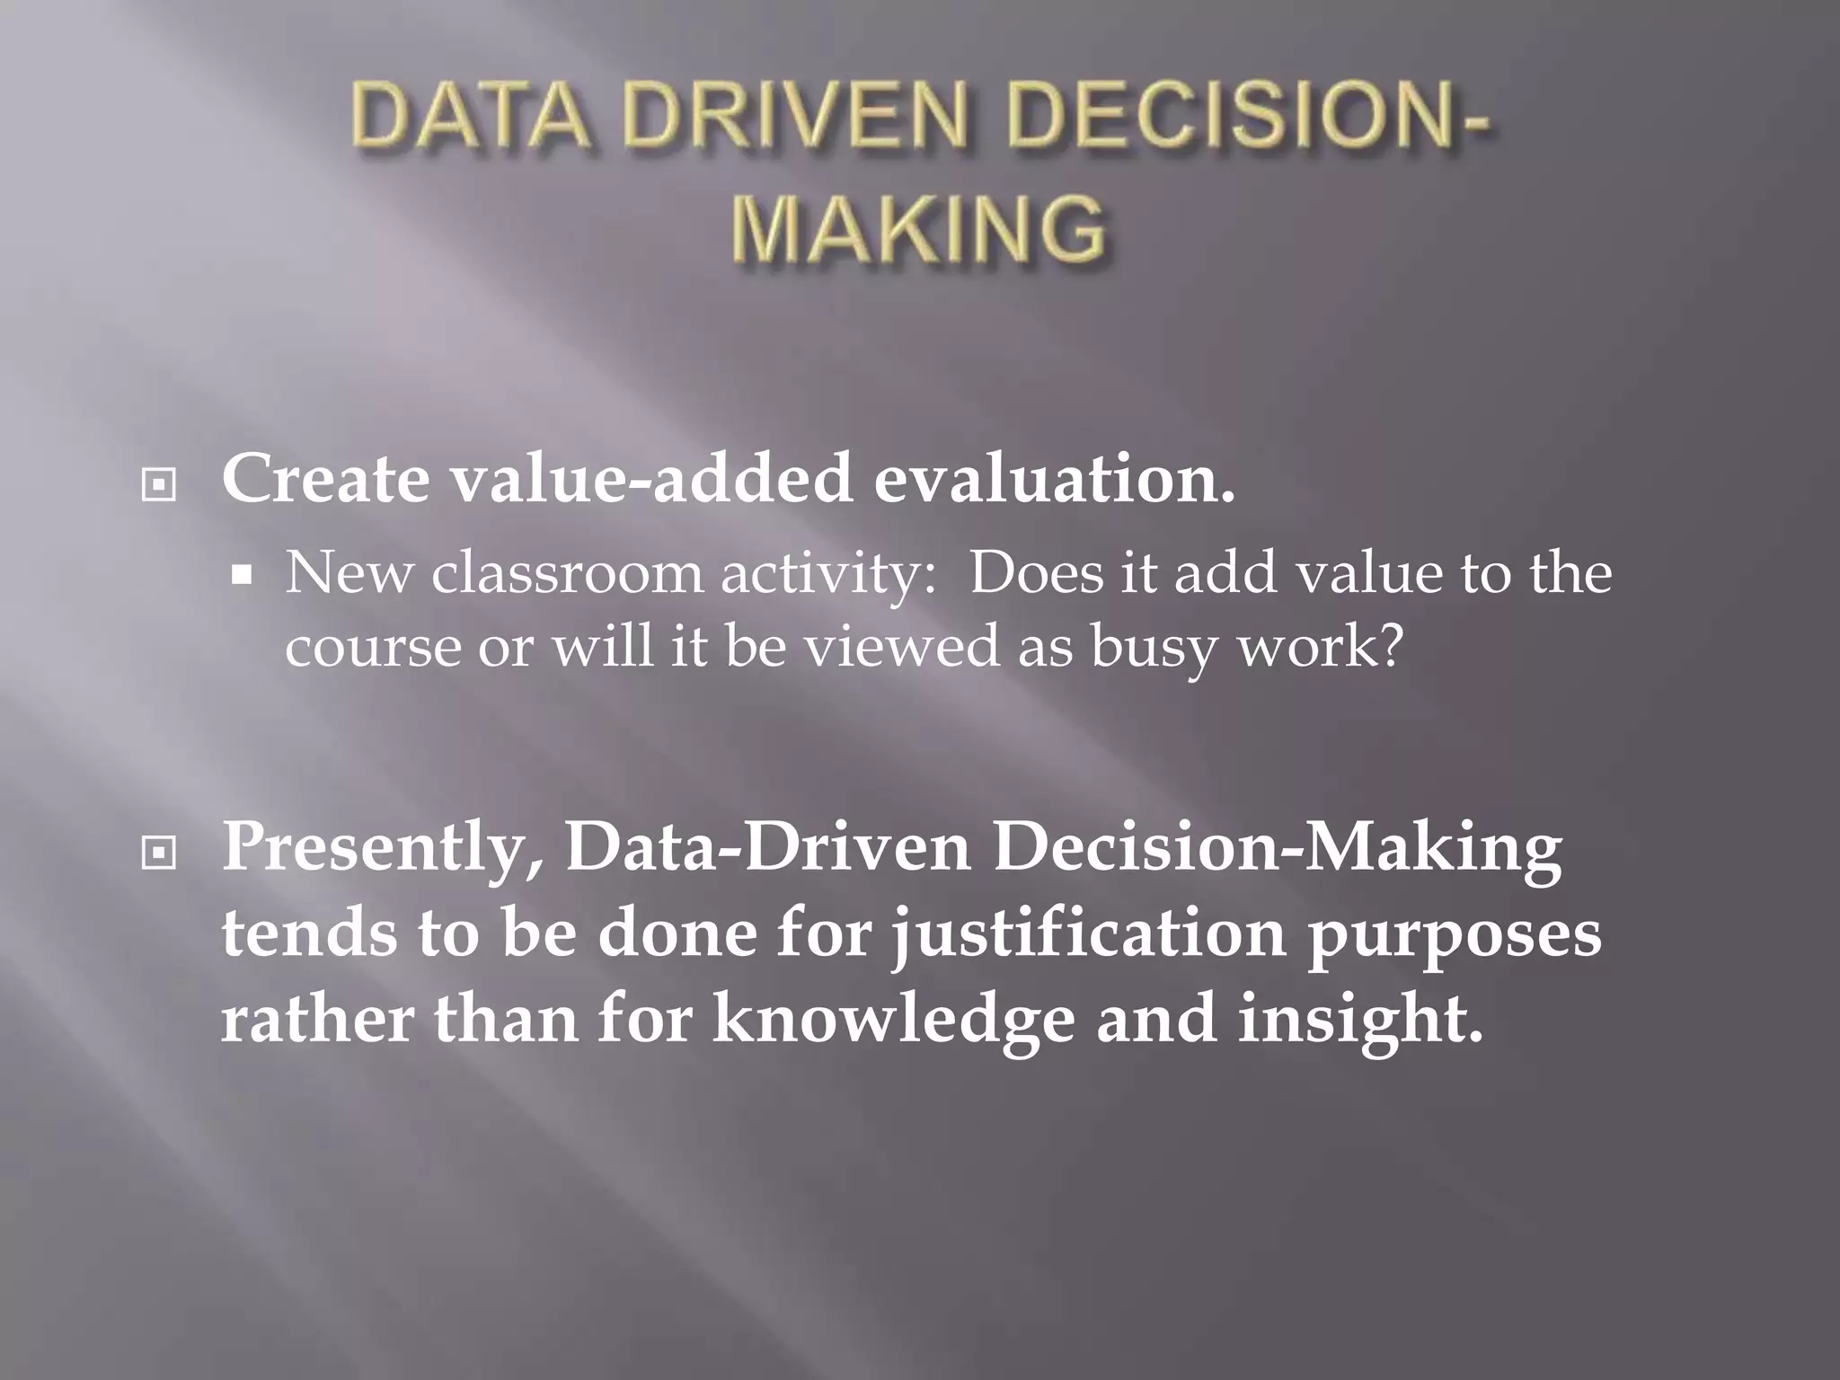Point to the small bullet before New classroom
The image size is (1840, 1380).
241,576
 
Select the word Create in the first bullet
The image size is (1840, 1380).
325,479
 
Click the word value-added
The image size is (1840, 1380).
651,479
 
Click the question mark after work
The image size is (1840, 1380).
1388,643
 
